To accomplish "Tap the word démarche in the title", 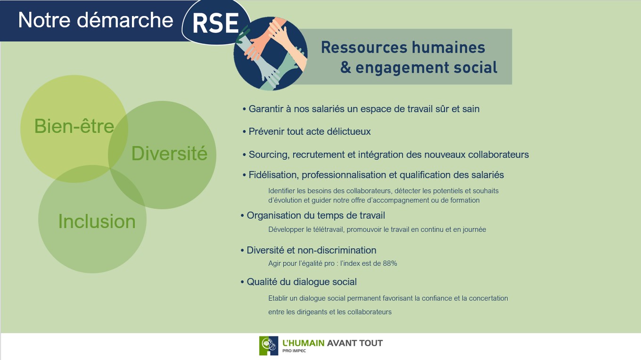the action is [x=125, y=20].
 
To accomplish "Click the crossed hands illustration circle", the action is [x=271, y=54].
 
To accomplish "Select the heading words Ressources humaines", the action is [x=403, y=48].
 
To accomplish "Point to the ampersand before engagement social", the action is [x=345, y=67].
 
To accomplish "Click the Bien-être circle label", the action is [x=74, y=126].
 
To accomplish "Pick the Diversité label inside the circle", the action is [x=169, y=154].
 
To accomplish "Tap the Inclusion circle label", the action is [x=97, y=221].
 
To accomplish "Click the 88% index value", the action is [x=390, y=263].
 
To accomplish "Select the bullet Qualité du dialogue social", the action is [x=298, y=282].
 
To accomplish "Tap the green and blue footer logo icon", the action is [x=269, y=346].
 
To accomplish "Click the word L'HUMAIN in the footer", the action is [x=304, y=343].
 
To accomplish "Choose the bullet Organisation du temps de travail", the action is [x=313, y=215].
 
